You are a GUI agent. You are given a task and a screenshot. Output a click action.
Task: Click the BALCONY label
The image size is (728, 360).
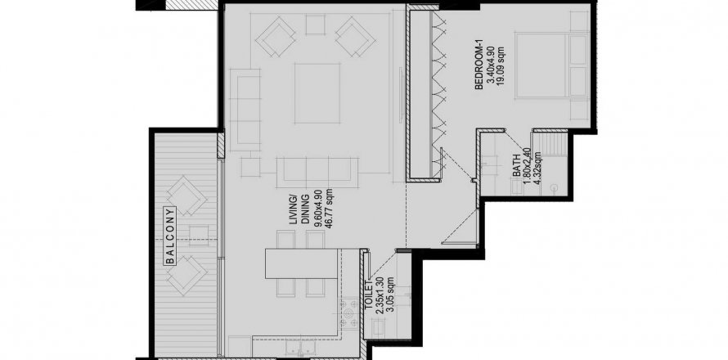coord(171,236)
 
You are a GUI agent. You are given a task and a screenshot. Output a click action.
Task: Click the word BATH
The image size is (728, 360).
coord(517,168)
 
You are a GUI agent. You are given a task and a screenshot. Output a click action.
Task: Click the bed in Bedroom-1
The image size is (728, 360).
coord(551,65)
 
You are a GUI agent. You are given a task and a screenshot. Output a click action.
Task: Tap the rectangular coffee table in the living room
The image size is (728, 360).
coord(317,93)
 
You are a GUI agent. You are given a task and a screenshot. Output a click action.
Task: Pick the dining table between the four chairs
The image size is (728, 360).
coord(301,263)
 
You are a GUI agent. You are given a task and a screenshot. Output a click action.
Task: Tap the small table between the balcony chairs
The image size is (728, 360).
coord(199,235)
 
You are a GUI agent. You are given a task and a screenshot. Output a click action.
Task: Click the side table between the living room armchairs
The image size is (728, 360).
coord(315,25)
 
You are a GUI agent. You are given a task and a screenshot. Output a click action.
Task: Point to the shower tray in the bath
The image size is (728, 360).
coord(550,144)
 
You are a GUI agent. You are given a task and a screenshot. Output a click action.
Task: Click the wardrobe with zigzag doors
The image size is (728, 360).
coord(423,92)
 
